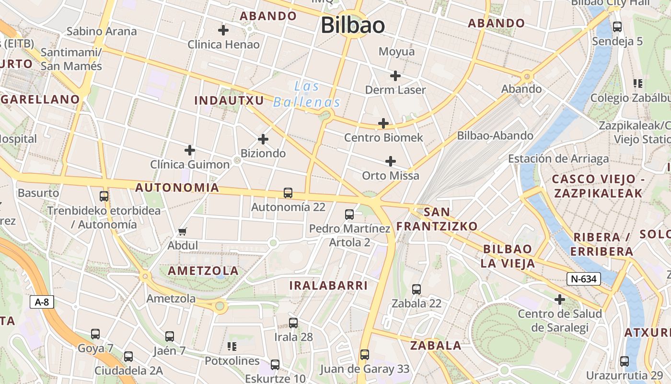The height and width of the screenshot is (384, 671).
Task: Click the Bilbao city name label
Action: tap(353, 25)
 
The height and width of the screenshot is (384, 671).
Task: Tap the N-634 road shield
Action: tap(584, 278)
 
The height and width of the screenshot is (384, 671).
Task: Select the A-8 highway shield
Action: tap(42, 302)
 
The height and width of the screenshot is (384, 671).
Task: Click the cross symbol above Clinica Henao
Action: tap(223, 30)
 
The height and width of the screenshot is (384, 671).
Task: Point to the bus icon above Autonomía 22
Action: tap(288, 193)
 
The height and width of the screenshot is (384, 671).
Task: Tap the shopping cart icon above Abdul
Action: tap(182, 232)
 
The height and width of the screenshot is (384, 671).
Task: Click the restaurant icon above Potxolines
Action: tap(232, 347)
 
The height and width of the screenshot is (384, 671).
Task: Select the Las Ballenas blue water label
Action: tap(307, 94)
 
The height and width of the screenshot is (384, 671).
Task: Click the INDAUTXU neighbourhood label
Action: tap(229, 100)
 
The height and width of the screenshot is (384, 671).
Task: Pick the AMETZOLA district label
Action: tap(203, 271)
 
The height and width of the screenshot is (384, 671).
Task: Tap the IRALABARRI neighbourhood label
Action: tap(328, 286)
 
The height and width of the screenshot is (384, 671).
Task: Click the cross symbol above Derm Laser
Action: tap(395, 75)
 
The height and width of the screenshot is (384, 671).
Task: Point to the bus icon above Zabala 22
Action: tap(416, 289)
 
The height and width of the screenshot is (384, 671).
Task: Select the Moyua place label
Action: tap(396, 51)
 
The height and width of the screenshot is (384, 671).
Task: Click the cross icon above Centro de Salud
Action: tap(559, 300)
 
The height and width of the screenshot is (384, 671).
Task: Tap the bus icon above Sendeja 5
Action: tap(617, 27)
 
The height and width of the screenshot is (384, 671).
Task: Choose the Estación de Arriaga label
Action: tap(558, 159)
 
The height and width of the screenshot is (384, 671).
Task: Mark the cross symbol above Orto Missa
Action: tap(391, 161)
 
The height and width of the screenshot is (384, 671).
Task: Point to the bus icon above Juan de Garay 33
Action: tap(365, 355)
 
